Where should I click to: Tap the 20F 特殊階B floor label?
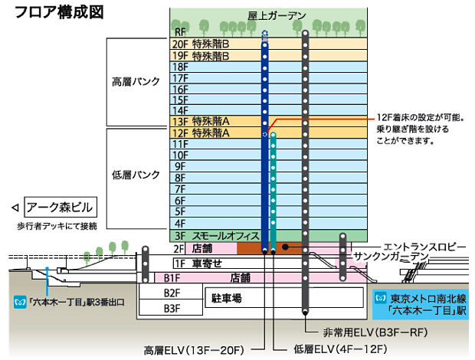pos(196,44)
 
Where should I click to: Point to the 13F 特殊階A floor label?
pos(196,122)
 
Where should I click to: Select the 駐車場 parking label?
pos(227,297)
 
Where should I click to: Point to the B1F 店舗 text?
pos(240,277)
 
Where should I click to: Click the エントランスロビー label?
pos(424,246)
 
